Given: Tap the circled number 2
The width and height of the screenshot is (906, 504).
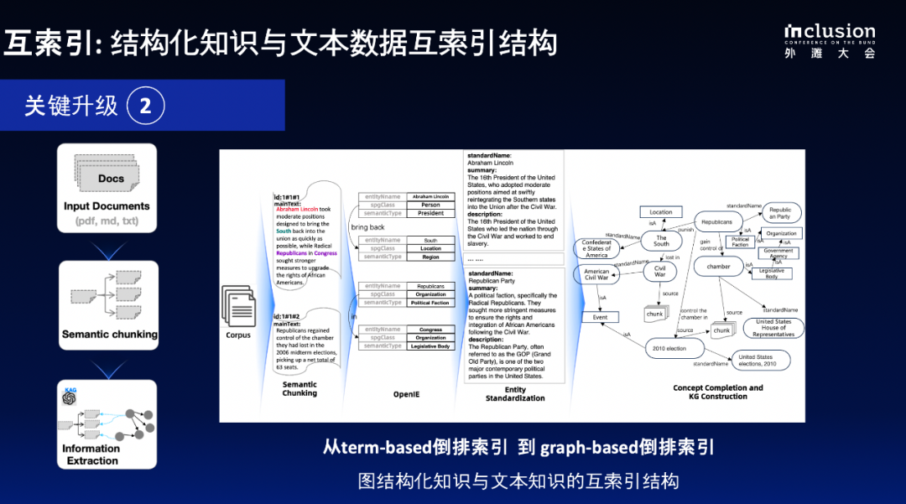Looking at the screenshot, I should [x=145, y=106].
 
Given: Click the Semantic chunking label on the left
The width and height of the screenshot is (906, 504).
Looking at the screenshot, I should [x=109, y=334].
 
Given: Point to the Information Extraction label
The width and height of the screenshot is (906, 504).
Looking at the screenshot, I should [x=91, y=455].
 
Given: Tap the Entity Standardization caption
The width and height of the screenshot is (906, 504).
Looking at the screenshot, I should [x=515, y=393].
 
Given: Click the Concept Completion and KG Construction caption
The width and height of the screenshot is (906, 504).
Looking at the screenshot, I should [x=717, y=392].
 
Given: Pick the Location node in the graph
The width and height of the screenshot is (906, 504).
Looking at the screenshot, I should [x=660, y=212].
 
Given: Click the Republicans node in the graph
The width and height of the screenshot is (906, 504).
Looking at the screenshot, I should [x=716, y=223].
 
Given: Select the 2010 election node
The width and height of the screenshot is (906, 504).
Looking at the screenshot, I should [x=670, y=348].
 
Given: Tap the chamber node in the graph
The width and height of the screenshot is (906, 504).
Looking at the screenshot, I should [x=718, y=266].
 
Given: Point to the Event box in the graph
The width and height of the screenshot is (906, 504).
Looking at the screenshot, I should [x=600, y=318].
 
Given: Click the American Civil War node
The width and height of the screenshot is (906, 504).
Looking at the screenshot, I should [x=596, y=275].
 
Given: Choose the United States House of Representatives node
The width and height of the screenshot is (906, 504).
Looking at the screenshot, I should [x=773, y=328].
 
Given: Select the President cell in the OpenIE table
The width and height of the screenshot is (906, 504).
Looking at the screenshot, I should [x=430, y=213].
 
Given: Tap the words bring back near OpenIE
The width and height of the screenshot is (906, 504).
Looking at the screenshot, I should [x=367, y=228].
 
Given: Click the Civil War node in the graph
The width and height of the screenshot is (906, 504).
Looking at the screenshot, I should [x=659, y=272].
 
